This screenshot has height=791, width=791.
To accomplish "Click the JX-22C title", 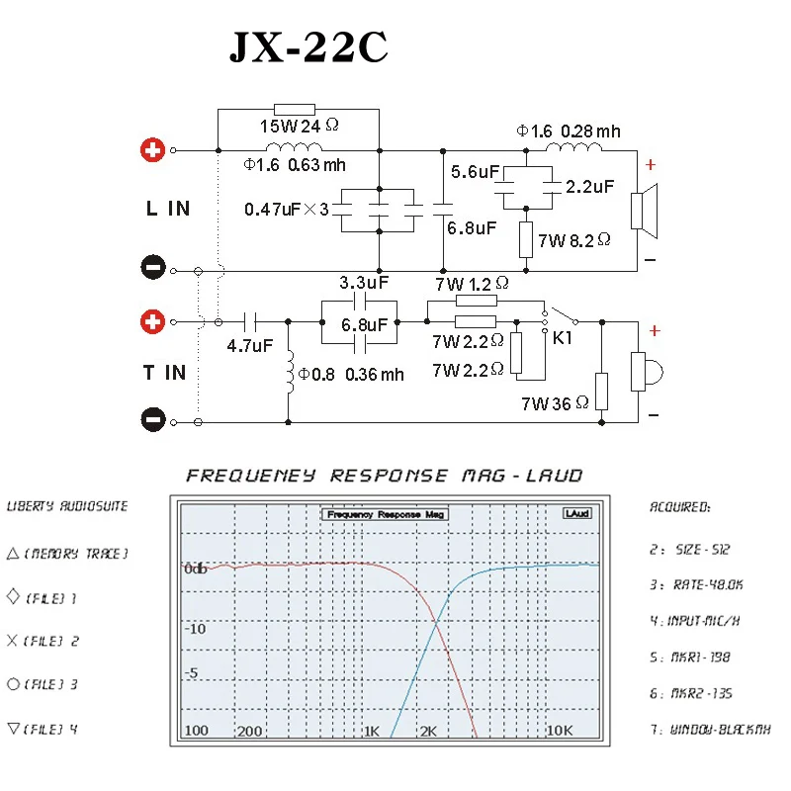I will (x=308, y=47).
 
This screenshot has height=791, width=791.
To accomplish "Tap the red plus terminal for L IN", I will (x=152, y=150).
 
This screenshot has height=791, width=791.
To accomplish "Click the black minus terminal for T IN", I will (x=152, y=421).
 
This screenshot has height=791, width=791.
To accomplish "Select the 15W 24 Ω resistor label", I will (x=299, y=127).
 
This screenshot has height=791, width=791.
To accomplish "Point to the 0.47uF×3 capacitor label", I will (x=286, y=210).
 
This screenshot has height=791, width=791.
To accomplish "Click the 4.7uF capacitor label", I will (x=249, y=346).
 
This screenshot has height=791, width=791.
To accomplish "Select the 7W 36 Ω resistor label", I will (x=555, y=403).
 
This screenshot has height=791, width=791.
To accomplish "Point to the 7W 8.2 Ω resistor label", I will (x=574, y=239).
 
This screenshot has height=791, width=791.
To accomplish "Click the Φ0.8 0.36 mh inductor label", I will (x=352, y=374).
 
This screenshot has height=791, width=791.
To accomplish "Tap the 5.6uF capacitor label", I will (x=475, y=172).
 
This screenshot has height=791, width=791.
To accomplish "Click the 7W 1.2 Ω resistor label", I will (x=472, y=284).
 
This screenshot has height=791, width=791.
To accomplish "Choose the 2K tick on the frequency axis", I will (x=428, y=733).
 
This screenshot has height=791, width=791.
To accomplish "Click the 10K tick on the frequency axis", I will (x=561, y=733).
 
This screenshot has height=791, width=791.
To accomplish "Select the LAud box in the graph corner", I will (x=577, y=514).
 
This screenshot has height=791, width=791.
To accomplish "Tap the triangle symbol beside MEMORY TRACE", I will (x=13, y=554).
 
